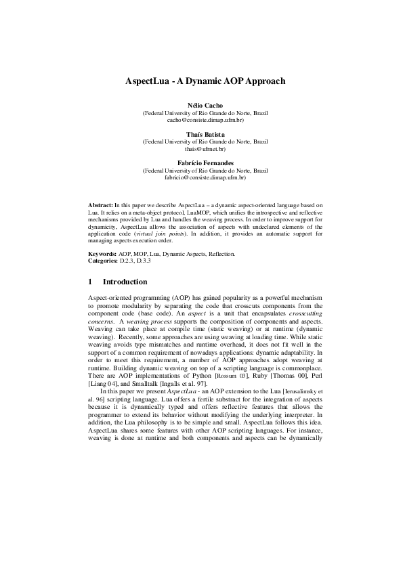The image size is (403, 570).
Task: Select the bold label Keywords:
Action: (103, 253)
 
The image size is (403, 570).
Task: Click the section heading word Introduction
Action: (125, 282)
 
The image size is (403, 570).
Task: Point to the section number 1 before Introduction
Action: (91, 282)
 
